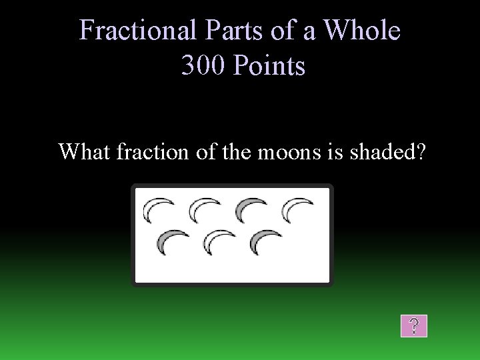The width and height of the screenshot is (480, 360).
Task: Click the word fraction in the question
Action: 153,152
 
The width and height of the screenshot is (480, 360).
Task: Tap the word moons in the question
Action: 286,152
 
